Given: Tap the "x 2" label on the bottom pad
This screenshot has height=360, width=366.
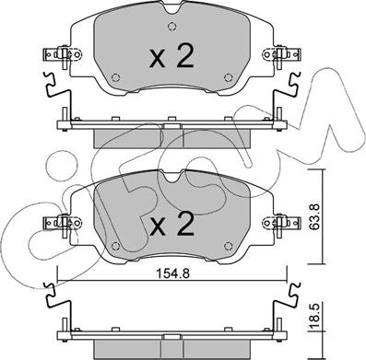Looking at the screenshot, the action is pos(171,225).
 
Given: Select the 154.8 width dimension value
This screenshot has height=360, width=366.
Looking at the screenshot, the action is pos(172,273).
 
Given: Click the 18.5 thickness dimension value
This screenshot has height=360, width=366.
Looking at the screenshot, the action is pos(315,315).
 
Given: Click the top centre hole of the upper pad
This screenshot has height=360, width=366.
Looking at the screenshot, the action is pos(172,27).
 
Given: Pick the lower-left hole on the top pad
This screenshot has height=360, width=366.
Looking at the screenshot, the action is pos(115,77).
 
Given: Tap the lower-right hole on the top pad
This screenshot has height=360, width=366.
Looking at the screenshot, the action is pos(228,77).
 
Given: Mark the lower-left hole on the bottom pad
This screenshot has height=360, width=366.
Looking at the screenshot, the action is pos(115,246).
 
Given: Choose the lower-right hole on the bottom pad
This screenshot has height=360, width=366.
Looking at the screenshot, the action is pos(228,246).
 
